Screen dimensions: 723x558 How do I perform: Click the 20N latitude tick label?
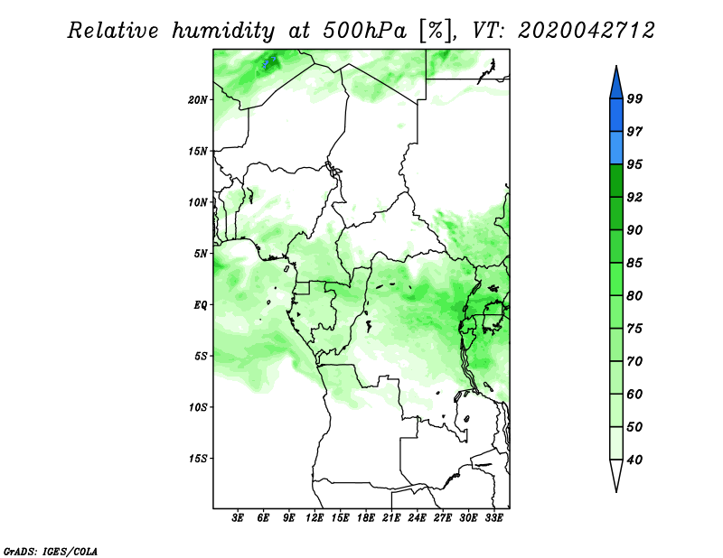tap(197, 100)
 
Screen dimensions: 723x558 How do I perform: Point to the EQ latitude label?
tap(200, 305)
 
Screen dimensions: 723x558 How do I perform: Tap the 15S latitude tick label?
tap(197, 459)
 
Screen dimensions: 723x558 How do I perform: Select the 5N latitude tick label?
tap(201, 254)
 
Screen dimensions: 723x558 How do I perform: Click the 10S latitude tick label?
tap(197, 407)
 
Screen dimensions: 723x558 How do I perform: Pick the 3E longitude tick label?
tap(238, 518)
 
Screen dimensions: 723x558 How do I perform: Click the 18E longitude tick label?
tap(366, 518)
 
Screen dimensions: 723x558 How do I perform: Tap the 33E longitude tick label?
tap(493, 518)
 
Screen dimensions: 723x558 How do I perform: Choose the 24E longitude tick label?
tap(417, 518)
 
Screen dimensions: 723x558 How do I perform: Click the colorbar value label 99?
tap(634, 98)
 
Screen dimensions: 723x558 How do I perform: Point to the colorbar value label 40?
tap(634, 460)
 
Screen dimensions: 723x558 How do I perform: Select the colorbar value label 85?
tap(634, 263)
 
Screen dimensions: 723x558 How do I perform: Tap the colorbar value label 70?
tap(634, 361)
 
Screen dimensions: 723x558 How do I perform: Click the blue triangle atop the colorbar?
tap(616, 85)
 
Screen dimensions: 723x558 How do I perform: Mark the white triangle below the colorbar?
tap(616, 473)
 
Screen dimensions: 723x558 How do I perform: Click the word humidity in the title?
tap(223, 32)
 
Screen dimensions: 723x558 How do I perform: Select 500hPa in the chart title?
tap(365, 31)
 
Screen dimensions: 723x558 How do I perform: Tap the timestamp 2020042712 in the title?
tap(586, 31)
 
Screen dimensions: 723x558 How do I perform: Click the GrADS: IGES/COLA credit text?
tap(51, 551)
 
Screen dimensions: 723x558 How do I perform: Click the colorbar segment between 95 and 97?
tap(616, 148)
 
